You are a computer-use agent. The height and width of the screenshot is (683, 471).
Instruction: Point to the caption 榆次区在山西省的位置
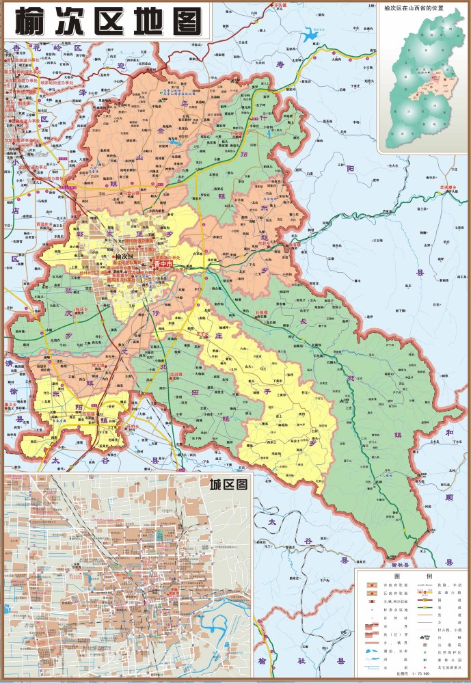pyautogui.click(x=423, y=8)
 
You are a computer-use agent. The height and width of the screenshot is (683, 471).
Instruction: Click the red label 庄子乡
pyautogui.click(x=204, y=334)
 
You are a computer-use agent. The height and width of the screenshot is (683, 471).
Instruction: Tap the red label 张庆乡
pyautogui.click(x=82, y=310)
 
